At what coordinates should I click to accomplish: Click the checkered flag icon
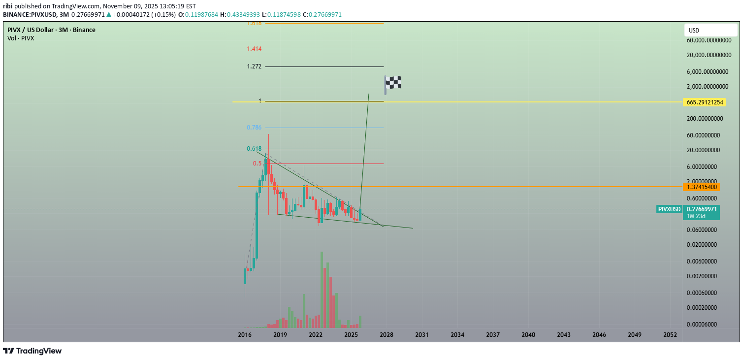pyautogui.click(x=393, y=84)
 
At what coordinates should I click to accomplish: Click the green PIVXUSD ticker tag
pyautogui.click(x=669, y=209)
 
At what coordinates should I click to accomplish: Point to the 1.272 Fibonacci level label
pyautogui.click(x=254, y=66)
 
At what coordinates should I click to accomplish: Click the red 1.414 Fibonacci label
pyautogui.click(x=254, y=49)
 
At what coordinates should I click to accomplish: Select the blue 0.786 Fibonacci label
pyautogui.click(x=254, y=128)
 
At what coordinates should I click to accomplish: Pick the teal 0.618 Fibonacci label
pyautogui.click(x=254, y=149)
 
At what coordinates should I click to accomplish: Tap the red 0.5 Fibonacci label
pyautogui.click(x=258, y=164)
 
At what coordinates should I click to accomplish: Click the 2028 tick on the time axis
pyautogui.click(x=387, y=335)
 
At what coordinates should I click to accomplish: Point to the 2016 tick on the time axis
pyautogui.click(x=245, y=335)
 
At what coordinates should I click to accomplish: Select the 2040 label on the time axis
pyautogui.click(x=528, y=335)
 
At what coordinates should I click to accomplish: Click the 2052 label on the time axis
pyautogui.click(x=670, y=335)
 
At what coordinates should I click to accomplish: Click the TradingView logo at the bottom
pyautogui.click(x=32, y=351)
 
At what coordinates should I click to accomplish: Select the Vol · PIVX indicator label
pyautogui.click(x=21, y=38)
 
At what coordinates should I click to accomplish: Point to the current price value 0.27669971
pyautogui.click(x=702, y=209)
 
